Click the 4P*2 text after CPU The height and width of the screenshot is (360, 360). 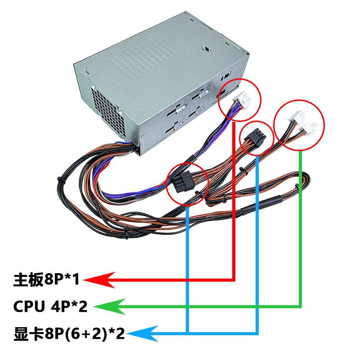[x=72, y=307]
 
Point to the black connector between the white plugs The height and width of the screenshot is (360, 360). [x=252, y=136]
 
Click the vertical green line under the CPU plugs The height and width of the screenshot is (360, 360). [x=301, y=225]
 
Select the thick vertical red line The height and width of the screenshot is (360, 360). [x=234, y=202]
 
